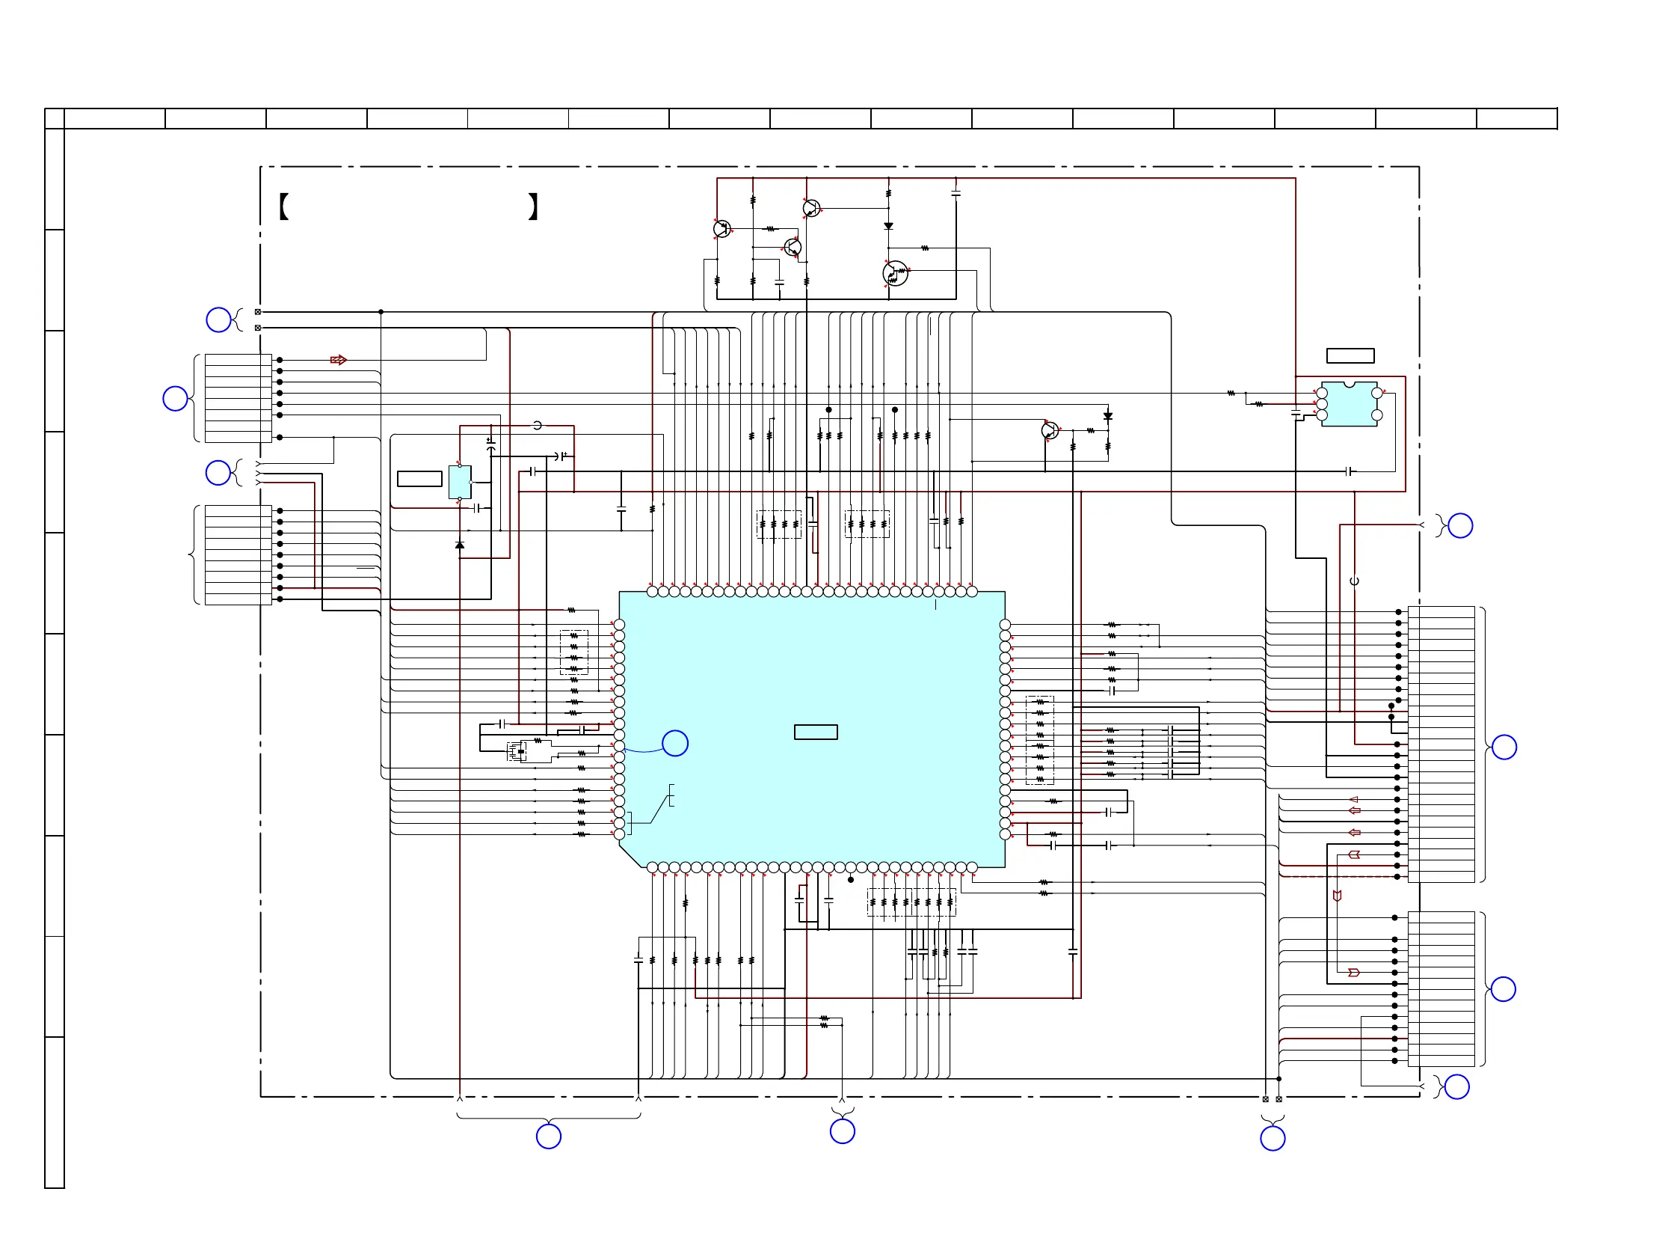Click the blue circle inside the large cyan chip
pyautogui.click(x=674, y=743)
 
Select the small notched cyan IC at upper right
pyautogui.click(x=1349, y=404)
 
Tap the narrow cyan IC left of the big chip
pyautogui.click(x=459, y=482)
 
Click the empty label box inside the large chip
pyautogui.click(x=815, y=732)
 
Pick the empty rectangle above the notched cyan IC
pyautogui.click(x=1350, y=356)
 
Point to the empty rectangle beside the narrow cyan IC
pyautogui.click(x=419, y=479)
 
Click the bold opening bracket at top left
pyautogui.click(x=284, y=206)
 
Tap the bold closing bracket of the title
pyautogui.click(x=533, y=206)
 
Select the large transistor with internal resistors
pyautogui.click(x=895, y=273)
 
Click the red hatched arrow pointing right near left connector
pyautogui.click(x=338, y=360)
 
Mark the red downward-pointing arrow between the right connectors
pyautogui.click(x=1338, y=896)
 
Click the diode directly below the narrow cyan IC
pyautogui.click(x=459, y=545)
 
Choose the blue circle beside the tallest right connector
pyautogui.click(x=1504, y=747)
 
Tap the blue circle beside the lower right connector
pyautogui.click(x=1503, y=989)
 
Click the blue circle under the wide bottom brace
pyautogui.click(x=549, y=1136)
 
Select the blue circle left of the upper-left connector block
pyautogui.click(x=175, y=398)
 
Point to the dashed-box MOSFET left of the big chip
pyautogui.click(x=517, y=752)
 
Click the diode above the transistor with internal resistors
pyautogui.click(x=888, y=226)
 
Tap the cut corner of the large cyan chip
pyautogui.click(x=630, y=857)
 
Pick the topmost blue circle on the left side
pyautogui.click(x=218, y=319)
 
